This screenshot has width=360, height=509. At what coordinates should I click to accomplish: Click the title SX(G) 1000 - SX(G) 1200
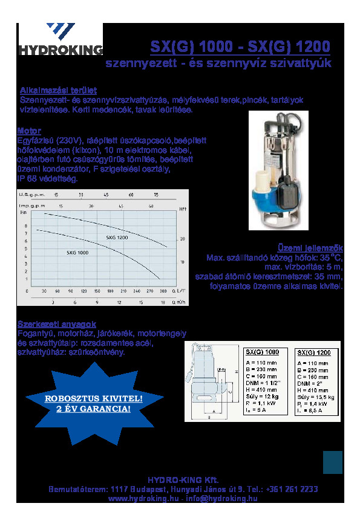(x=240, y=47)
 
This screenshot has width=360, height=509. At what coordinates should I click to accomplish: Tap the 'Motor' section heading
(x=29, y=131)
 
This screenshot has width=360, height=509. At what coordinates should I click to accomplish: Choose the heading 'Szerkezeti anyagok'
(x=57, y=324)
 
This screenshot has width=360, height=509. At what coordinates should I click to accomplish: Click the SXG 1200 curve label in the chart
(x=117, y=238)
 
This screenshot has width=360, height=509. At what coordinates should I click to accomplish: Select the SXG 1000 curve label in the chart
(x=77, y=253)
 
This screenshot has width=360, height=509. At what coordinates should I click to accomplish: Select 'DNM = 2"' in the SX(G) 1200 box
(x=308, y=383)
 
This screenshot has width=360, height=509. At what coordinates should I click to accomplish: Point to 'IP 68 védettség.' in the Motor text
(x=49, y=179)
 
